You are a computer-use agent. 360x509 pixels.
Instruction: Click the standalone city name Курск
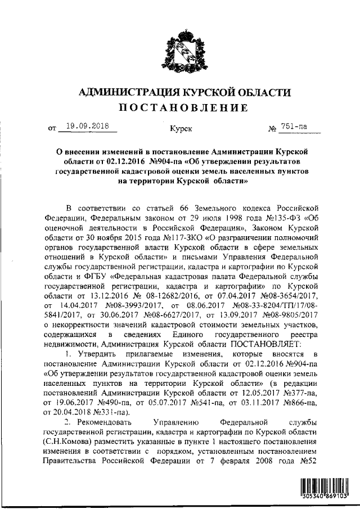180,129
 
